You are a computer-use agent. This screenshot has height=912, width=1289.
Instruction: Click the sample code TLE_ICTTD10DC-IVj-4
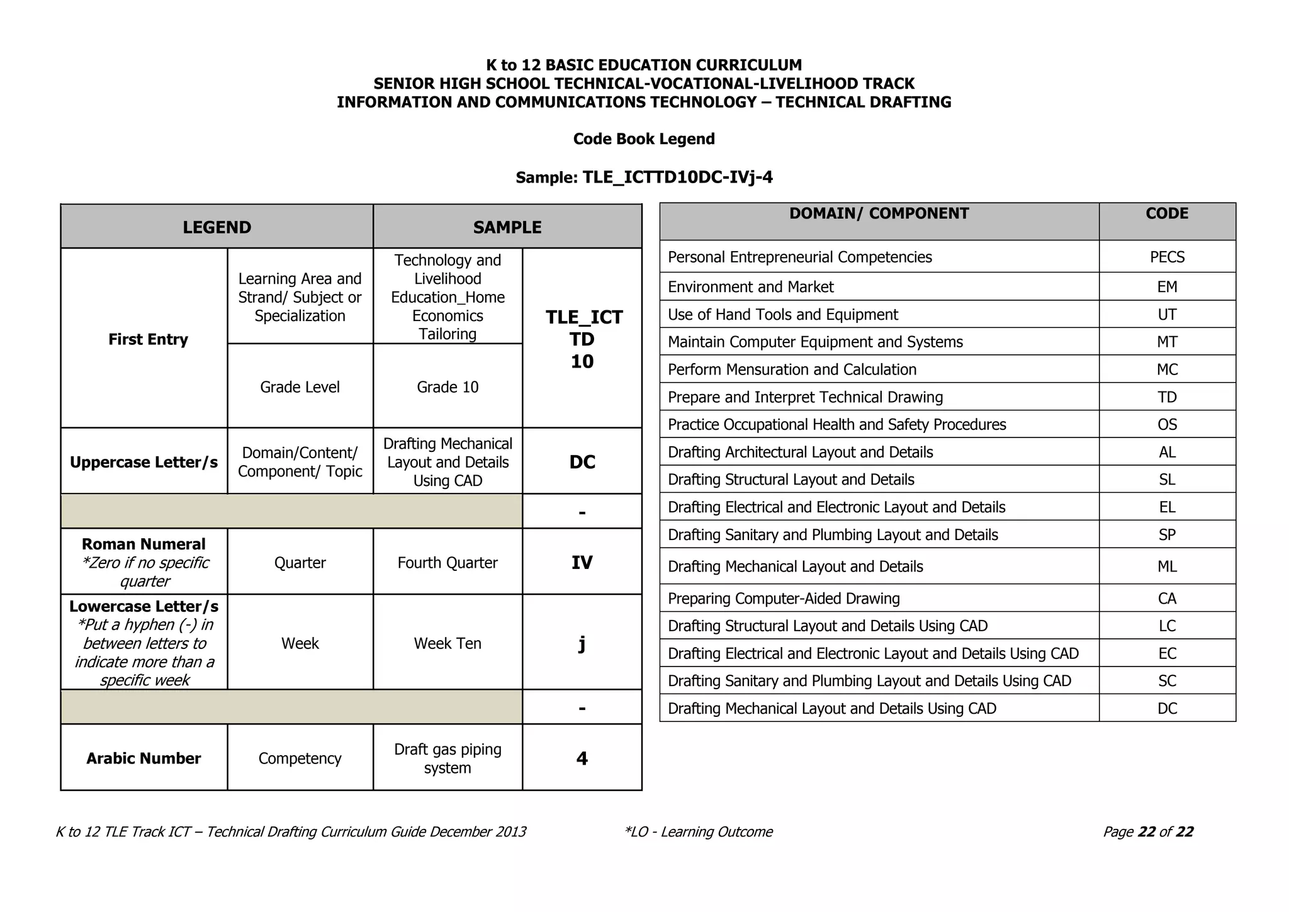click(677, 177)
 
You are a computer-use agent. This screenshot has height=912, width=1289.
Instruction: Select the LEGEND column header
click(217, 227)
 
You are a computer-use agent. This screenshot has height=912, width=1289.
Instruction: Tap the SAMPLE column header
click(507, 227)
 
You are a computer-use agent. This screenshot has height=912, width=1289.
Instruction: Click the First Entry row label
click(148, 339)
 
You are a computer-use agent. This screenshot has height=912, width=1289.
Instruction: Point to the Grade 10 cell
click(447, 387)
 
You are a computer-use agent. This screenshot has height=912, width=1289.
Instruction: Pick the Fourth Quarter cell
click(447, 563)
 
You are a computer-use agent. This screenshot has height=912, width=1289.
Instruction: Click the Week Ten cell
click(447, 643)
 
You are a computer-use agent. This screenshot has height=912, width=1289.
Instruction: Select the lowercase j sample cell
click(582, 643)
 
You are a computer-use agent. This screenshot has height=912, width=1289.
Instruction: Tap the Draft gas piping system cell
click(447, 758)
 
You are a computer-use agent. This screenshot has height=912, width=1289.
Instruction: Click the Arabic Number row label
click(144, 758)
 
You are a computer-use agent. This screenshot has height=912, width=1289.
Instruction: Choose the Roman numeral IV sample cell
click(582, 563)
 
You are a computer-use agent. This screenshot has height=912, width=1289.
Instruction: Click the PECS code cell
click(1167, 257)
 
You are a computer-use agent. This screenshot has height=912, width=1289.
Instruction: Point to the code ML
click(1167, 567)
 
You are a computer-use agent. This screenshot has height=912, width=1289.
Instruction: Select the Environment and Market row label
click(750, 287)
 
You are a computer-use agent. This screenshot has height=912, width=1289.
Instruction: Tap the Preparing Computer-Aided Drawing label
click(784, 599)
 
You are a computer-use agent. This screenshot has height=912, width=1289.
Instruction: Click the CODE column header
click(1167, 214)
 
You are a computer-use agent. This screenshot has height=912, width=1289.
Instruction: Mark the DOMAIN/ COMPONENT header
click(879, 214)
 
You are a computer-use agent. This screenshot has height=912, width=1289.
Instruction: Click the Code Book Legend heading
click(644, 139)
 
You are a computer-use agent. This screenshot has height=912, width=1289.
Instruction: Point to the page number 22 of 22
click(1148, 832)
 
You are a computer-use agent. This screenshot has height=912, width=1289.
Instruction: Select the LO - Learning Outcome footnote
click(699, 832)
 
